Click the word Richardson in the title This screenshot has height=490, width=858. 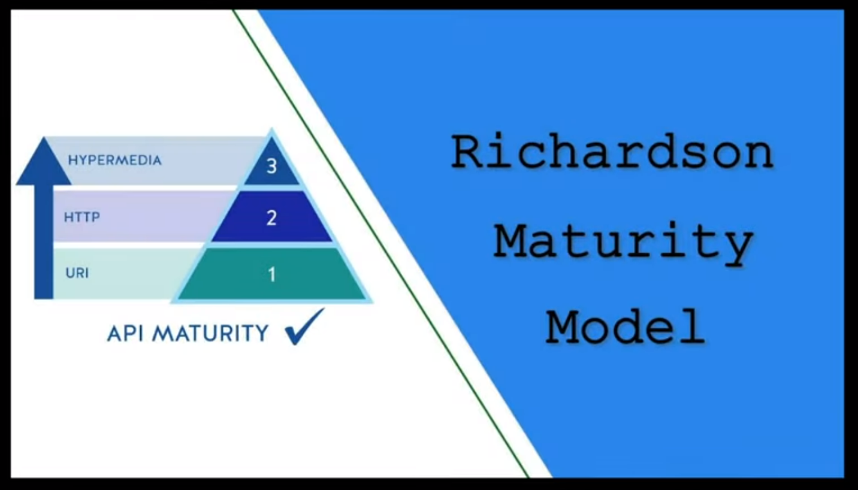[x=612, y=152]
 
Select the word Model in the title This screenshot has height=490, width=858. [x=625, y=327]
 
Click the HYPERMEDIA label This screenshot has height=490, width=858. [x=114, y=160]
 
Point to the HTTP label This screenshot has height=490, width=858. [x=82, y=217]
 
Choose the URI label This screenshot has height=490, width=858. [x=77, y=273]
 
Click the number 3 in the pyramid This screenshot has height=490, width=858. [x=271, y=167]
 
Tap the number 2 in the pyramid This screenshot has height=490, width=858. [x=271, y=217]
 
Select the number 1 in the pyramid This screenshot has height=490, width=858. [x=272, y=274]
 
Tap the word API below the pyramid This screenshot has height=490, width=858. [x=126, y=333]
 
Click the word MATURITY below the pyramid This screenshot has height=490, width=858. [x=210, y=333]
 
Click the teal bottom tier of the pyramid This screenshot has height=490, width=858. [x=271, y=274]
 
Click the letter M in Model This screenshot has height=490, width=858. [x=562, y=327]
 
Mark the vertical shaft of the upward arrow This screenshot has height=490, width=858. [x=44, y=241]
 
